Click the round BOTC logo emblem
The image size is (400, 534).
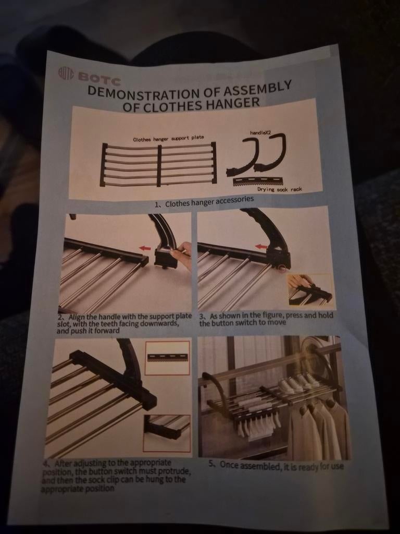point(66,73)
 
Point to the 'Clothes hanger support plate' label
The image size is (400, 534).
point(168,138)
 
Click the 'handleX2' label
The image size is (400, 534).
point(260,132)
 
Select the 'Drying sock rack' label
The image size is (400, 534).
point(280,189)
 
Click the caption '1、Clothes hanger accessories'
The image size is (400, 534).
point(204,201)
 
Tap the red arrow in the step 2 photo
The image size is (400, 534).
point(145,248)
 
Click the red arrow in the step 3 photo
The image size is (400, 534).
point(261,246)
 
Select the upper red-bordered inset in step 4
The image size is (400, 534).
point(167,358)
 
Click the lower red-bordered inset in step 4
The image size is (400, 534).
point(167,433)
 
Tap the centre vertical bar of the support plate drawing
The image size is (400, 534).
point(159,166)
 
